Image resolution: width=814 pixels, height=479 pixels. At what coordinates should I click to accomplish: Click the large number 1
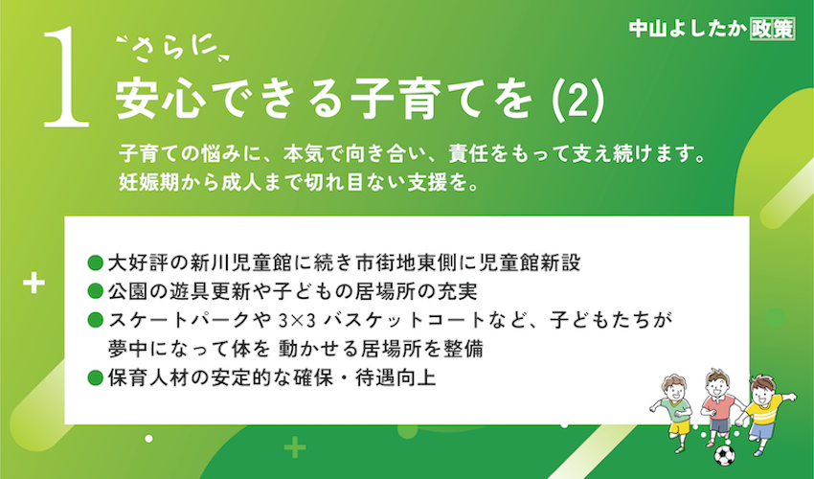(66, 78)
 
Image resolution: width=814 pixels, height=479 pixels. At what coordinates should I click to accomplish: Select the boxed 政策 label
(773, 29)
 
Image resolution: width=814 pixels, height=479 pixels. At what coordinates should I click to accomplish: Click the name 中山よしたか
(688, 29)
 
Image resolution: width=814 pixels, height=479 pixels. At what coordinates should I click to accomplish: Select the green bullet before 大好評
(96, 262)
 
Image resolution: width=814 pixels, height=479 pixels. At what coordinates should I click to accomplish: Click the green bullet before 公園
(96, 291)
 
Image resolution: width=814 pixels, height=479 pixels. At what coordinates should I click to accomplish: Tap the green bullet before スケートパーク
(96, 320)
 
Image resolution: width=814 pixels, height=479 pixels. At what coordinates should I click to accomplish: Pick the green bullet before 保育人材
(96, 377)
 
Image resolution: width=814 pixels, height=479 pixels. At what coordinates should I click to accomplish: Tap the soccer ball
(724, 455)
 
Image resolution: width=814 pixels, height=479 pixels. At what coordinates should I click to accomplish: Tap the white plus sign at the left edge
(34, 284)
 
